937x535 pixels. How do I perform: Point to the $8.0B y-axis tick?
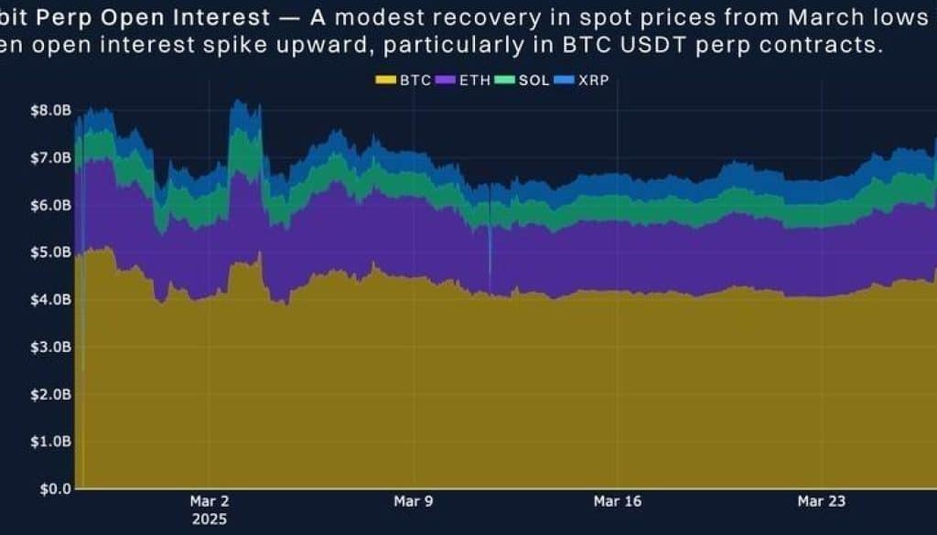pos(50,111)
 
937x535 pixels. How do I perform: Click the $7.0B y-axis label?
pos(50,158)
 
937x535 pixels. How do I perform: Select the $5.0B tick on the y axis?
pos(50,252)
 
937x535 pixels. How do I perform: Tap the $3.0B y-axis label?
pos(50,348)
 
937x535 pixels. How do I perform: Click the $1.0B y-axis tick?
pos(50,441)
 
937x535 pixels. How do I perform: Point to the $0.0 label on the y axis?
pos(55,488)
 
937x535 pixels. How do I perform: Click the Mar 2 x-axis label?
pos(210,501)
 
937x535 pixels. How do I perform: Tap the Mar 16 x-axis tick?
pos(617,501)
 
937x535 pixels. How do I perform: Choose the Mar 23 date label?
pos(822,501)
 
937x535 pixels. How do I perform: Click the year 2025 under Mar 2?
pos(210,519)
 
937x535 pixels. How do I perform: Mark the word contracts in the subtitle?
pos(831,45)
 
